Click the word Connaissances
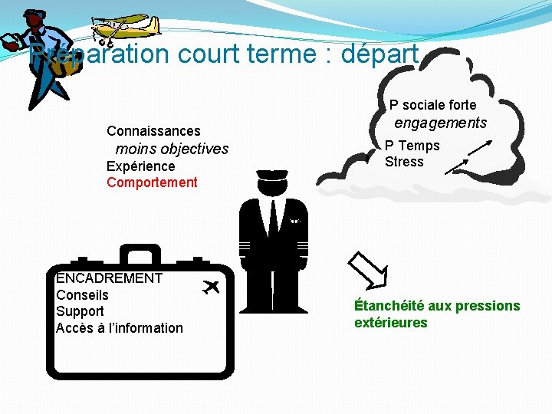point(153,131)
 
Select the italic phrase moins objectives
point(172,149)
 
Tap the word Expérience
point(140,166)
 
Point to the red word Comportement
point(152,182)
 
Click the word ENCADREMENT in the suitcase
point(109,278)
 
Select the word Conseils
point(82,295)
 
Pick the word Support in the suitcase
point(80,311)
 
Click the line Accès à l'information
point(120,328)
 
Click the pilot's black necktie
point(273,219)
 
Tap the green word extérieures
point(390,323)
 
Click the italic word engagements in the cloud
point(440,123)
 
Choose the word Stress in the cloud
point(404,162)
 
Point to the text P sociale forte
point(432,105)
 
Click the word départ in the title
point(379,55)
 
